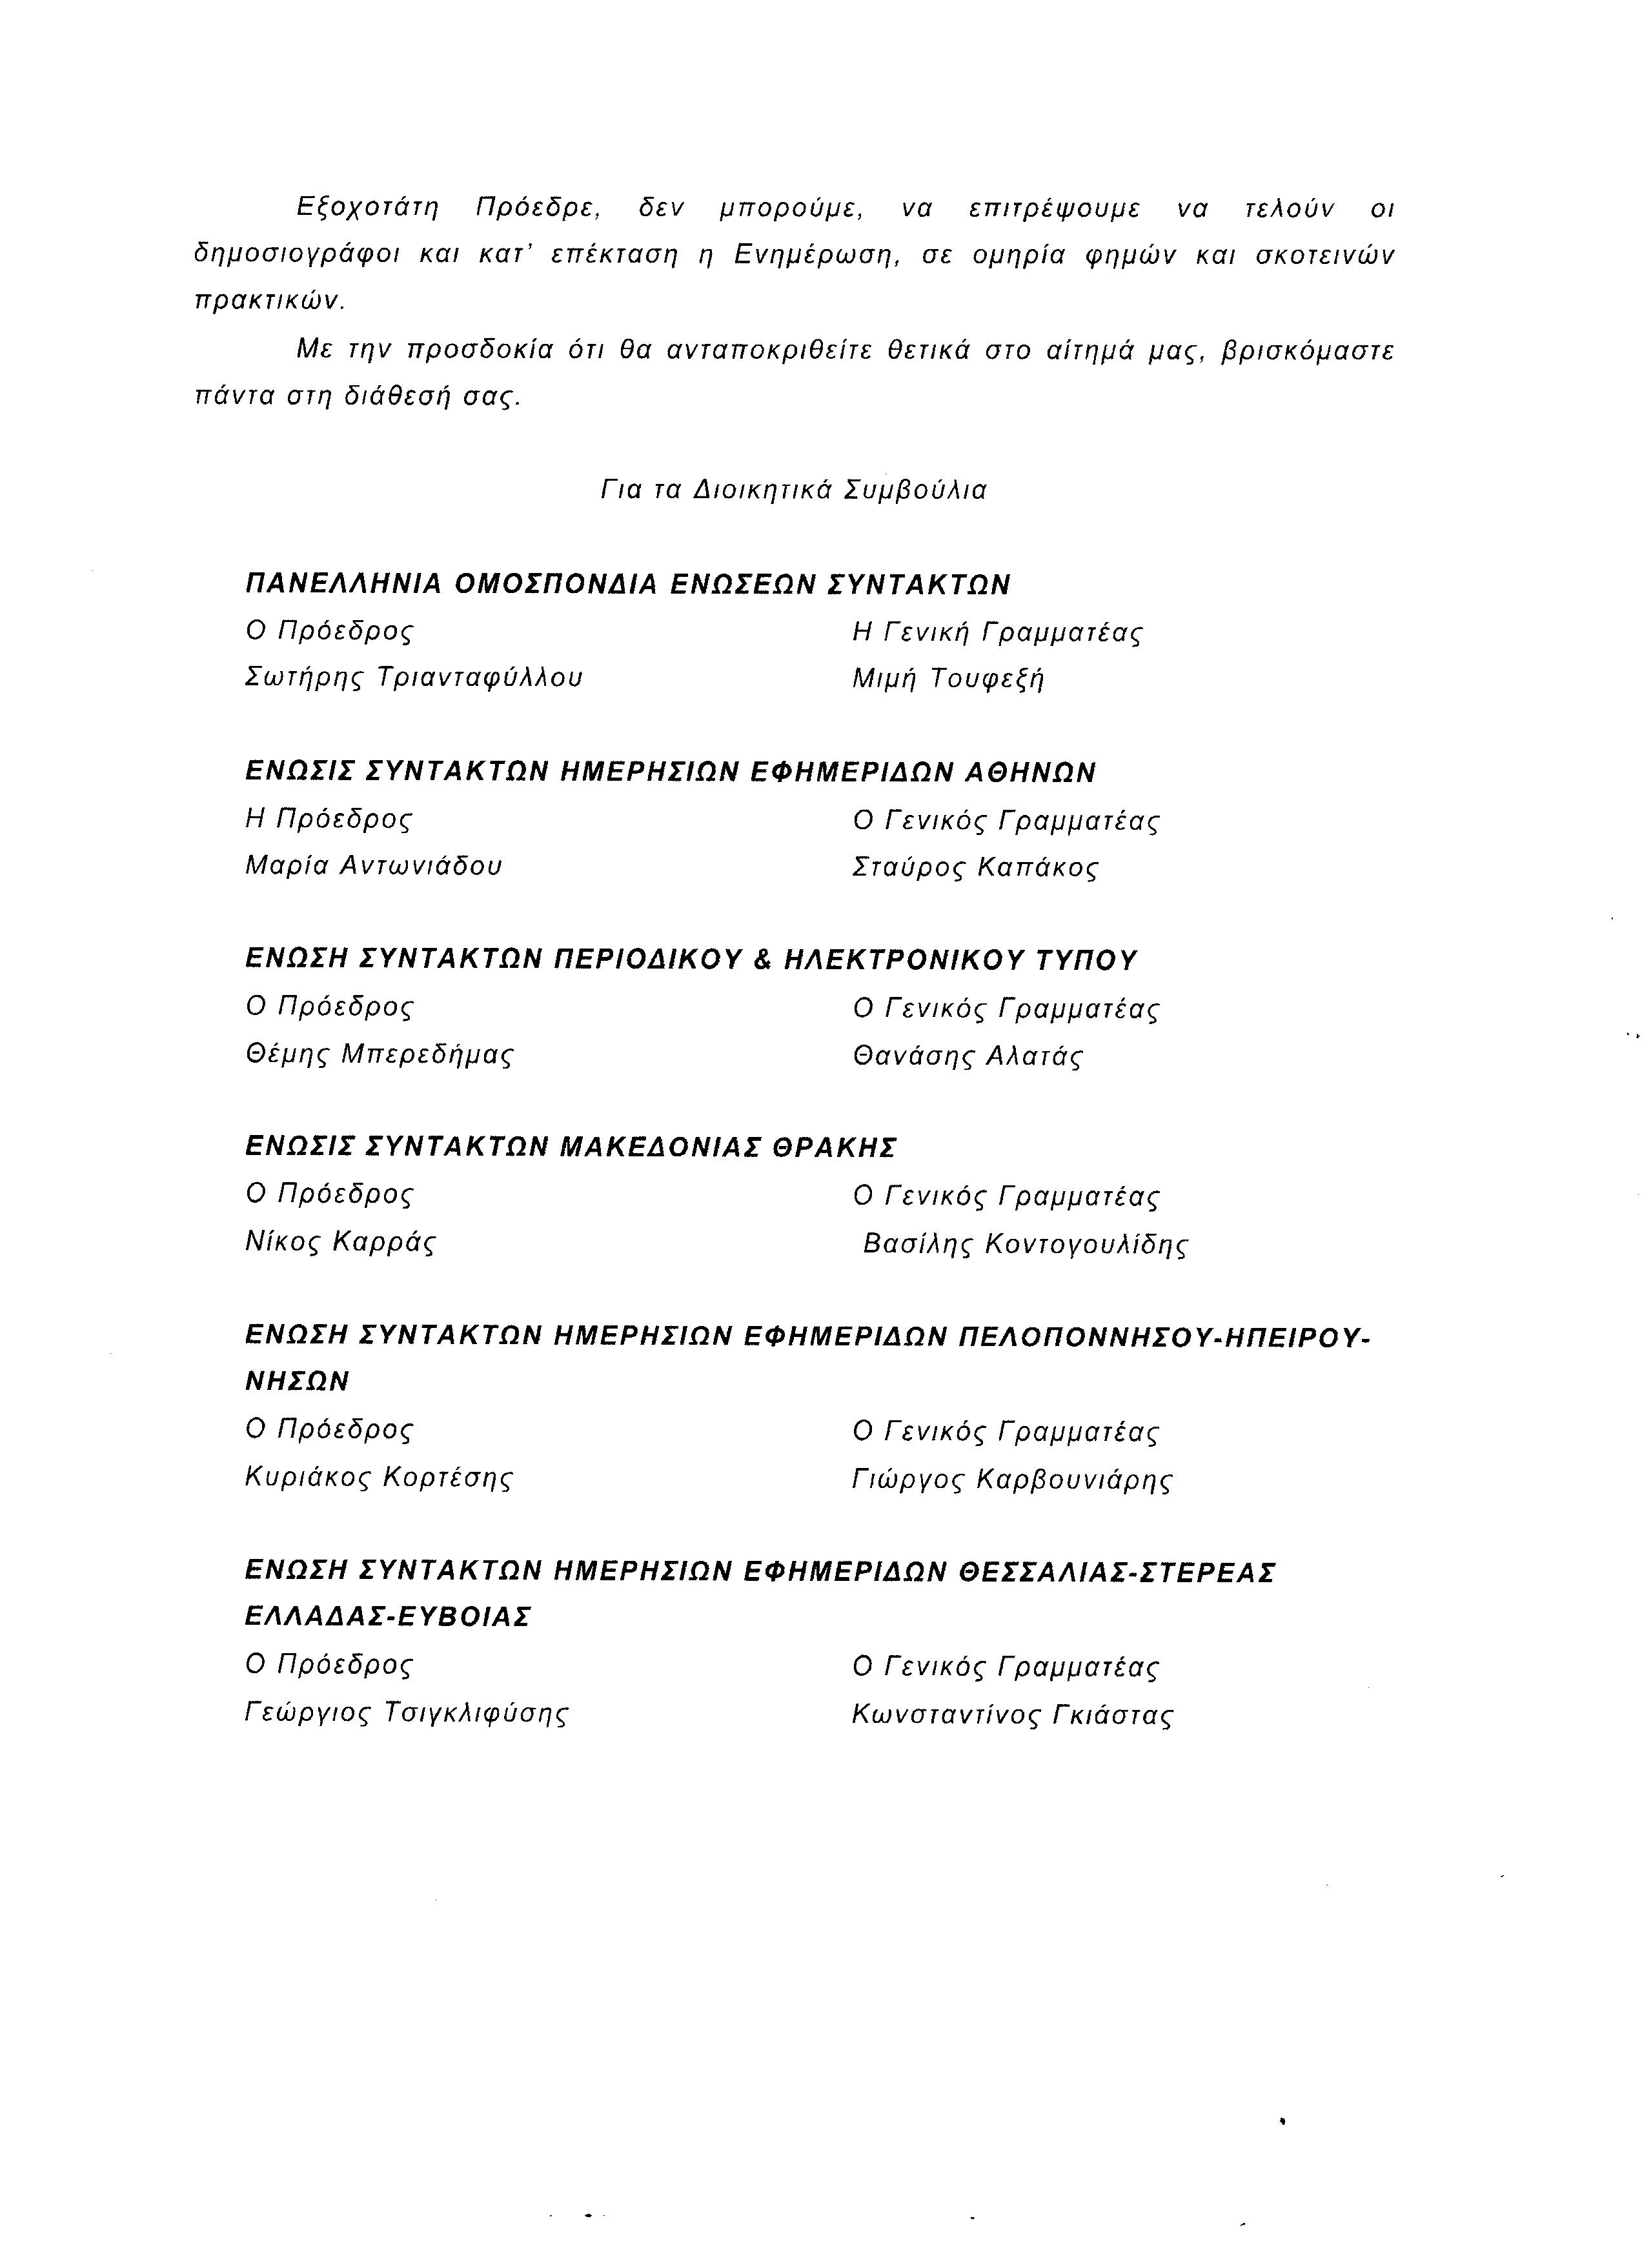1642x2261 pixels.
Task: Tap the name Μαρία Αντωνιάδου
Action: (374, 865)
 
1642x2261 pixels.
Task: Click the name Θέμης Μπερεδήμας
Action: (379, 1054)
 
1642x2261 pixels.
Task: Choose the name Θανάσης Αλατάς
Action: (967, 1056)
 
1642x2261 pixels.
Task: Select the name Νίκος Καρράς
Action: (340, 1242)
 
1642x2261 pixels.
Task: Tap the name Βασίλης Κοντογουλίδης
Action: (1026, 1244)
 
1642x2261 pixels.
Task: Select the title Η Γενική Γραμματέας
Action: (998, 632)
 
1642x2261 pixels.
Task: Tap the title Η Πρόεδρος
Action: (329, 818)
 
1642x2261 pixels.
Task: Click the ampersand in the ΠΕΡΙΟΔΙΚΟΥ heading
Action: (764, 960)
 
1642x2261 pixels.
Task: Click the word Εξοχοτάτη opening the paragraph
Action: (369, 208)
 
